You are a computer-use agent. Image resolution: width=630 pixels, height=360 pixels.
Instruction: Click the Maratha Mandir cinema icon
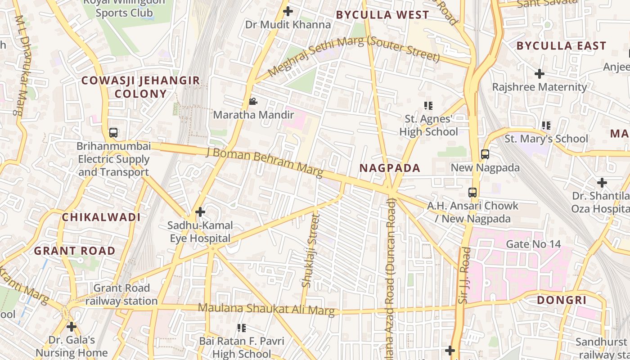point(253,102)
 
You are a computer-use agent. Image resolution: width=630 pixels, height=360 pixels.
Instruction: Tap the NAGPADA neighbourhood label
point(390,168)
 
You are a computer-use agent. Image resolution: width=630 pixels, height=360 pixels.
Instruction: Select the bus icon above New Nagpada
point(485,154)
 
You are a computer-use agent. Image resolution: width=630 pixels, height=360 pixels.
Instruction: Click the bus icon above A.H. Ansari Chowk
point(472,193)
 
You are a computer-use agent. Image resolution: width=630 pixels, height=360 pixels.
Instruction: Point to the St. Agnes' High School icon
point(428,106)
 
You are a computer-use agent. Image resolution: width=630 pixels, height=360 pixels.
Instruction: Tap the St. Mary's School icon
point(546,126)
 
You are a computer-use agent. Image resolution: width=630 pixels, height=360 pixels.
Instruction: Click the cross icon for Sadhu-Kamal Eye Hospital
point(200,211)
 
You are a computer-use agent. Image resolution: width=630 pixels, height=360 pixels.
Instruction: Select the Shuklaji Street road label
point(310,251)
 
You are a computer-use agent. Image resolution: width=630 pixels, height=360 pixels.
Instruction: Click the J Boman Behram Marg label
point(265,161)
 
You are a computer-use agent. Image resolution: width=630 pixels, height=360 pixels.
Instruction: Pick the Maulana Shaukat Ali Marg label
point(266,309)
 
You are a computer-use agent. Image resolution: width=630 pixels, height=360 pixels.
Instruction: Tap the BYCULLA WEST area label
point(382,15)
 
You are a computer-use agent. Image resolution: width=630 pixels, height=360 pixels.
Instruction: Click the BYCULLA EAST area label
point(561,46)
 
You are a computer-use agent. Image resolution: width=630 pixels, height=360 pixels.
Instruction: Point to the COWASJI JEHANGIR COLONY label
point(140,87)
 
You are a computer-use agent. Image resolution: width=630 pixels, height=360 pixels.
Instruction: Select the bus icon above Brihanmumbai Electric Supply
point(113,133)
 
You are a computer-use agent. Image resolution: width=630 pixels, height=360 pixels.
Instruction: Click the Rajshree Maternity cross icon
point(540,74)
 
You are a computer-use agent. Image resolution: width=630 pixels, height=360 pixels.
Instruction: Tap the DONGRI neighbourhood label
point(562,300)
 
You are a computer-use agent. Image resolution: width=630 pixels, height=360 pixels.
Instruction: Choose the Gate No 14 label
point(533,244)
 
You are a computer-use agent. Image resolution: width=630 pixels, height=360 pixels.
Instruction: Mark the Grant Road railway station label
point(121,294)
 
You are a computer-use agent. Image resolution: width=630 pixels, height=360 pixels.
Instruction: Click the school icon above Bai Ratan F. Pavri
point(242,328)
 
